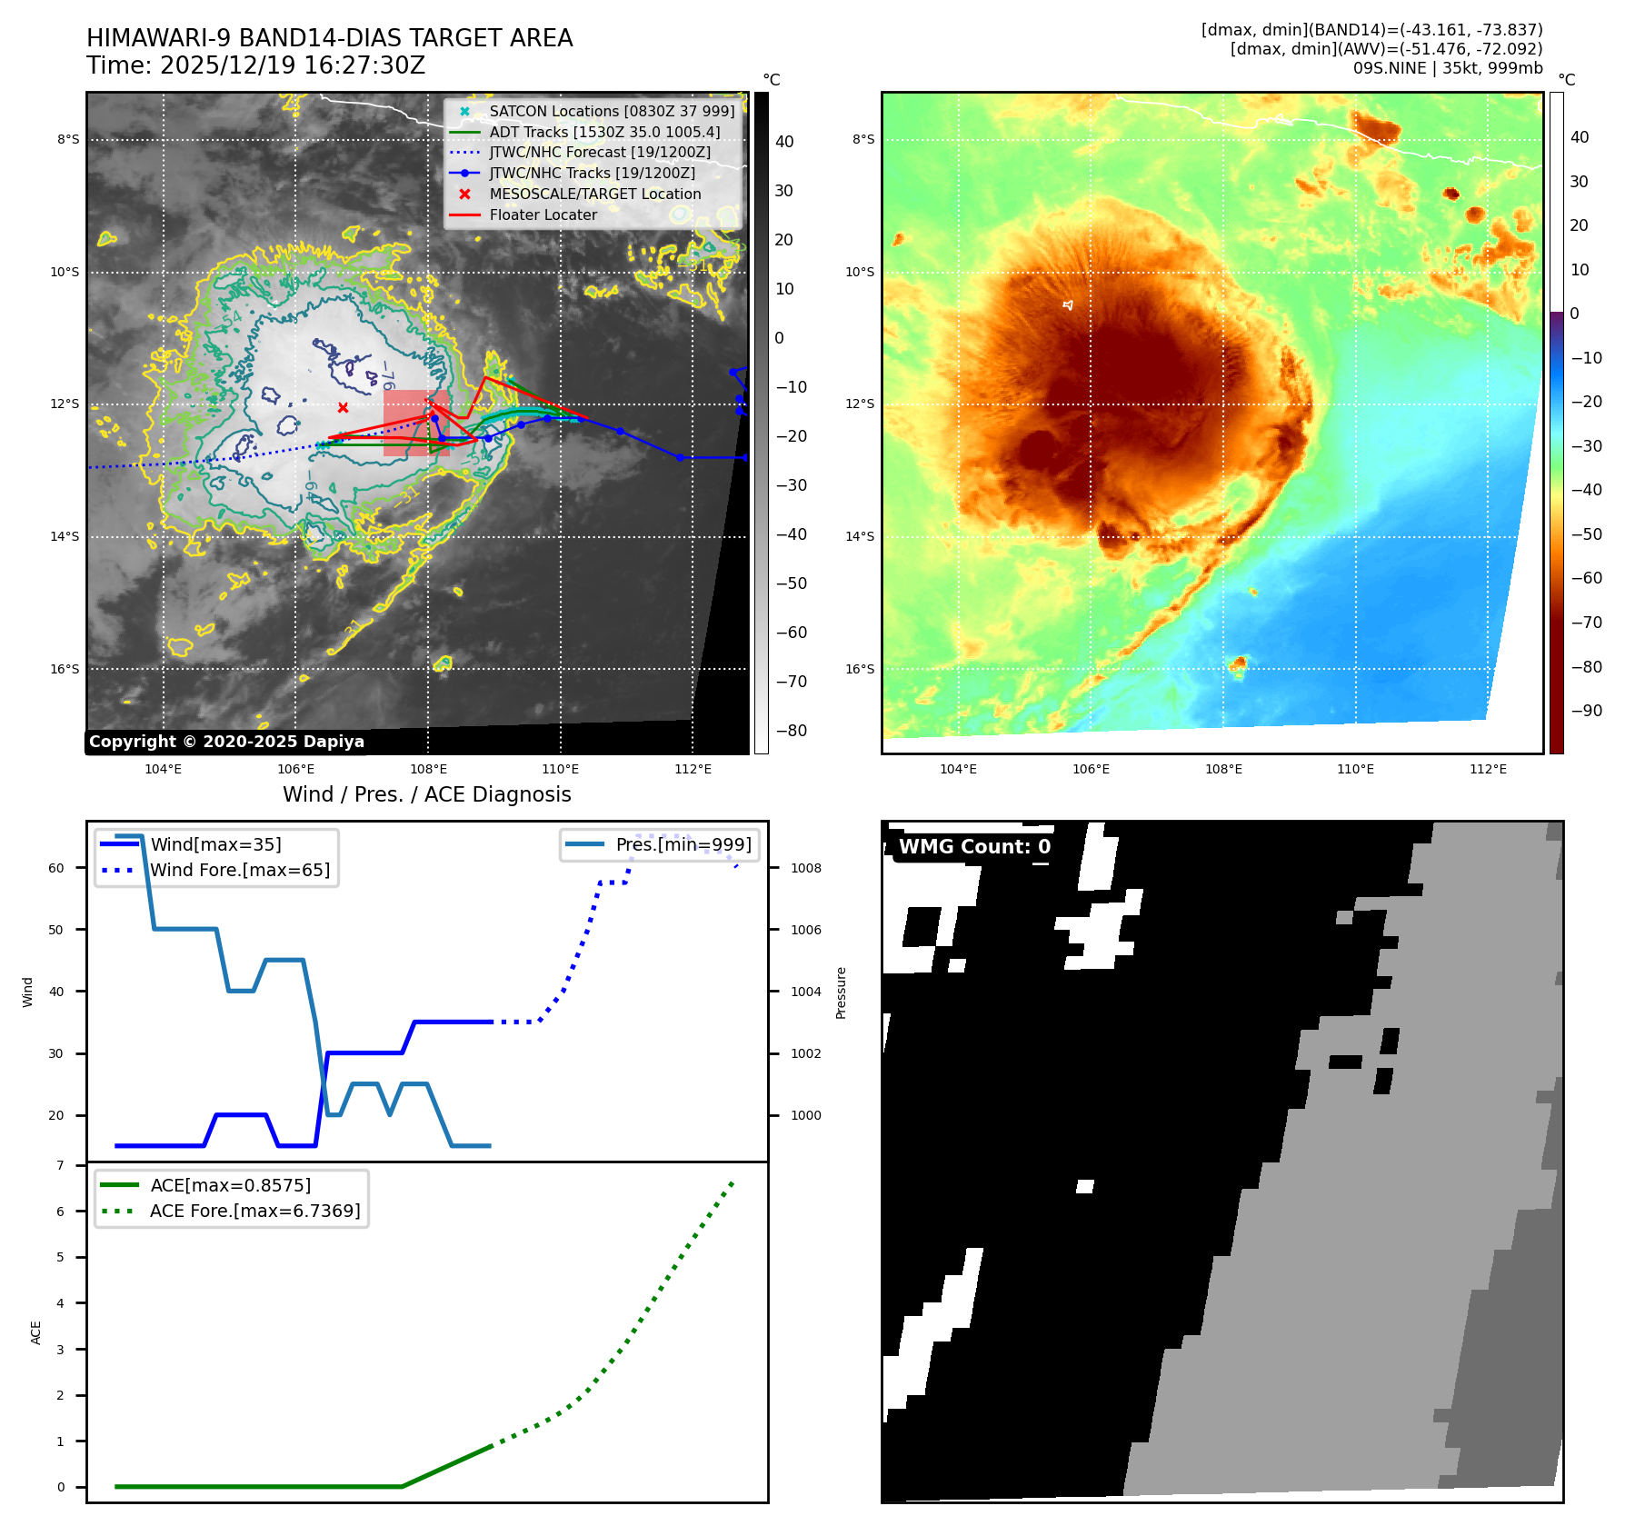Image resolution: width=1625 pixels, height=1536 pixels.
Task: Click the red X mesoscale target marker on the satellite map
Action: pyautogui.click(x=343, y=408)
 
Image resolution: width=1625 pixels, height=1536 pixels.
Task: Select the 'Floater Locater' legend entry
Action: pyautogui.click(x=543, y=215)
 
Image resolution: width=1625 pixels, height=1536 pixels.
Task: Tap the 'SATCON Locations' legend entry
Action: pyautogui.click(x=611, y=112)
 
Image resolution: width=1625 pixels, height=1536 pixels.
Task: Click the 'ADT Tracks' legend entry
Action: pyautogui.click(x=603, y=133)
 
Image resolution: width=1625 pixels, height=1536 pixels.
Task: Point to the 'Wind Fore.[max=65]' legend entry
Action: pyautogui.click(x=240, y=871)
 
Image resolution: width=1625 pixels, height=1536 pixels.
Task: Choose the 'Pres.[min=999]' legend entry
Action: pyautogui.click(x=683, y=845)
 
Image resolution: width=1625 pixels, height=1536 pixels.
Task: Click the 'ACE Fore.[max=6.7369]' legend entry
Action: pyautogui.click(x=254, y=1212)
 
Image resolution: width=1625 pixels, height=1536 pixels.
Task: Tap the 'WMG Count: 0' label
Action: pyautogui.click(x=974, y=847)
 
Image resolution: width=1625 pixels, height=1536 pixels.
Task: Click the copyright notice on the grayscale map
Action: pyautogui.click(x=226, y=742)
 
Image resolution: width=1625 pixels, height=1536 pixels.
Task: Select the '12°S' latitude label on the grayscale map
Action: pyautogui.click(x=65, y=404)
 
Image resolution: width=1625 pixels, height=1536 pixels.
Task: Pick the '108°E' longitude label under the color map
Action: pyautogui.click(x=1223, y=770)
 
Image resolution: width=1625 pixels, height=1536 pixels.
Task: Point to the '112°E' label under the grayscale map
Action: pyautogui.click(x=693, y=770)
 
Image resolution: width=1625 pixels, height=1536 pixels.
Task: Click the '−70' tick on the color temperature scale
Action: pyautogui.click(x=1587, y=623)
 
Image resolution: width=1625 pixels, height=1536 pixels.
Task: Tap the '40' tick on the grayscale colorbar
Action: pyautogui.click(x=783, y=142)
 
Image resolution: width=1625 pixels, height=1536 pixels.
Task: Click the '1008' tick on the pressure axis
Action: pyautogui.click(x=805, y=869)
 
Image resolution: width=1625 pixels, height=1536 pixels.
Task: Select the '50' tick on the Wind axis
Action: pyautogui.click(x=56, y=930)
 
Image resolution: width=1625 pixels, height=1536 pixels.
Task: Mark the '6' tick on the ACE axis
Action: pyautogui.click(x=61, y=1212)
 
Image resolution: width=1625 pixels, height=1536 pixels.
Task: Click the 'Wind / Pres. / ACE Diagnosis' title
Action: pyautogui.click(x=426, y=795)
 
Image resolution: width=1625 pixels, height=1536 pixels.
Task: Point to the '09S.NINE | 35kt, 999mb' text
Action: pyautogui.click(x=1447, y=68)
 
